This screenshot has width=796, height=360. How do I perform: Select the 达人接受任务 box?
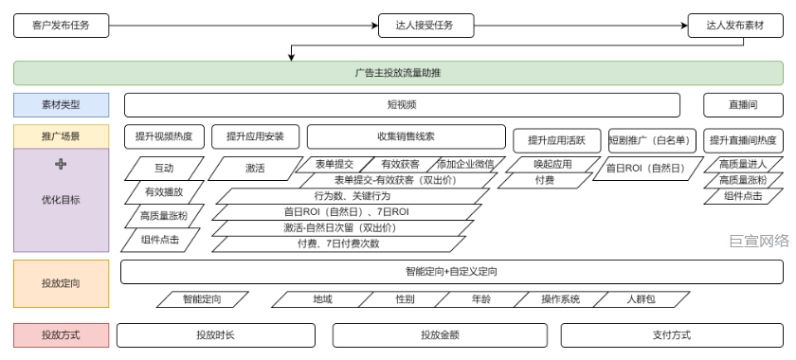click(424, 25)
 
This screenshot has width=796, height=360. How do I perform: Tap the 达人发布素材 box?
click(734, 25)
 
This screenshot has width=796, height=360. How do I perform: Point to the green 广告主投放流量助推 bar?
click(397, 73)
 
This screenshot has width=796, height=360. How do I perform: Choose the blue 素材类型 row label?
click(61, 105)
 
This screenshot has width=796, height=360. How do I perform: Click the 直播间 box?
click(742, 105)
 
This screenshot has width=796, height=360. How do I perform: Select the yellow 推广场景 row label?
click(61, 136)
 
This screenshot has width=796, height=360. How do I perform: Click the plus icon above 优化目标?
click(62, 164)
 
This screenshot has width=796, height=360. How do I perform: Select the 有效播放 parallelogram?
click(163, 192)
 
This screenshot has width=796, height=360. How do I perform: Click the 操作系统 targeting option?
click(560, 299)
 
